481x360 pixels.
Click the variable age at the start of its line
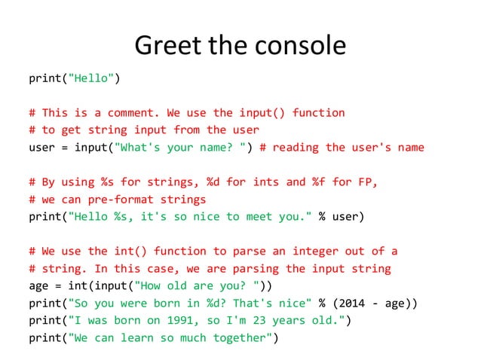pyautogui.click(x=38, y=286)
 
